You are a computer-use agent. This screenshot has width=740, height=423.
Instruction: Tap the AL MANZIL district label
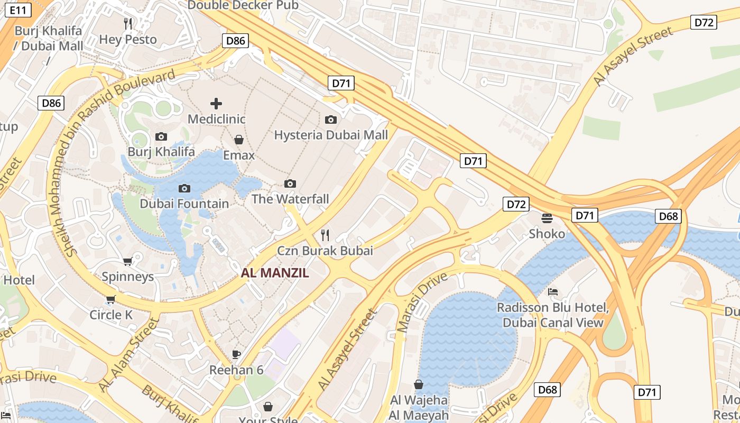point(275,273)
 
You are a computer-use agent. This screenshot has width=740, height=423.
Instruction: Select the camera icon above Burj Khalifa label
point(161,137)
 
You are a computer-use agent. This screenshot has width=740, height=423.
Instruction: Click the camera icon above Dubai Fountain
point(184,188)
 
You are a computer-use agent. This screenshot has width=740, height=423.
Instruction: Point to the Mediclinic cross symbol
point(216,104)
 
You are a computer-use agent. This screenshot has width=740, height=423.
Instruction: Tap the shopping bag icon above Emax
point(239,140)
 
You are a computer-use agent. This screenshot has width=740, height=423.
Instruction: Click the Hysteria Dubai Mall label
point(331,135)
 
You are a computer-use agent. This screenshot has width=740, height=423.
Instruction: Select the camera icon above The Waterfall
point(290,184)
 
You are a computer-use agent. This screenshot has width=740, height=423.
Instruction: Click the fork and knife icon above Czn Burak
point(325,235)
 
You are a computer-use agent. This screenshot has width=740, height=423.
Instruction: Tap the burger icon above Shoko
point(547,218)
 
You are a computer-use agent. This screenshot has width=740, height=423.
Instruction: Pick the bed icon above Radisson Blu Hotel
point(553,291)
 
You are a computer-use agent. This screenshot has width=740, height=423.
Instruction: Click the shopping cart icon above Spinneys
point(127,261)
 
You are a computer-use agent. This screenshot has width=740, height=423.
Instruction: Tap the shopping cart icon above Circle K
point(110,300)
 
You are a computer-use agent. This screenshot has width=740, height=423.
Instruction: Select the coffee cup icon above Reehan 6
point(236,354)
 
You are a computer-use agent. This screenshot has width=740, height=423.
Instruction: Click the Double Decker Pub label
point(243,5)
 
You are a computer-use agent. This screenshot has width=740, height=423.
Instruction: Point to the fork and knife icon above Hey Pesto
point(128,23)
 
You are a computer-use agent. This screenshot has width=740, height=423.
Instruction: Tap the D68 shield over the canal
point(669,216)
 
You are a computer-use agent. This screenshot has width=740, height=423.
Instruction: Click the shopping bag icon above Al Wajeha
point(419,384)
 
